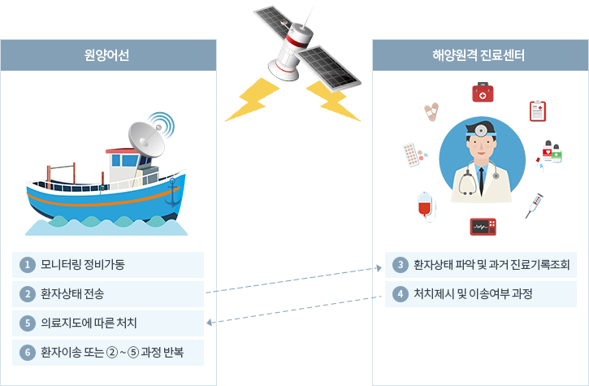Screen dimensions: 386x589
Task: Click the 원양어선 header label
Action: click(107, 56)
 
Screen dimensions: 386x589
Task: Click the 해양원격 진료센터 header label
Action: click(479, 56)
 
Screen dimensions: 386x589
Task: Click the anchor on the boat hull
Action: click(171, 193)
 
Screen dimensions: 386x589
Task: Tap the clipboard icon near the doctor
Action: click(537, 111)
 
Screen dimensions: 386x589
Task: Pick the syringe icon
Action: click(534, 205)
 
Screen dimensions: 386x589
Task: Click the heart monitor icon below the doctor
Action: click(483, 226)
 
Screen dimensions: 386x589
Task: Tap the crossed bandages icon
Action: click(431, 111)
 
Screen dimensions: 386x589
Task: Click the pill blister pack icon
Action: click(414, 154)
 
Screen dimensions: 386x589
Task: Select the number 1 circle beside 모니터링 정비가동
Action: click(28, 265)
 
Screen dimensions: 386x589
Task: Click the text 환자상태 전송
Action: click(72, 293)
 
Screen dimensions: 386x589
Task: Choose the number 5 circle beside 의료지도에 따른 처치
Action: click(28, 323)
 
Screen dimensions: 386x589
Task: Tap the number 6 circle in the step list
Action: click(28, 353)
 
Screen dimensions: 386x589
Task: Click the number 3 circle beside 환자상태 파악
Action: click(399, 265)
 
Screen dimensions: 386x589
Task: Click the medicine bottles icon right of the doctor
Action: click(552, 152)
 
